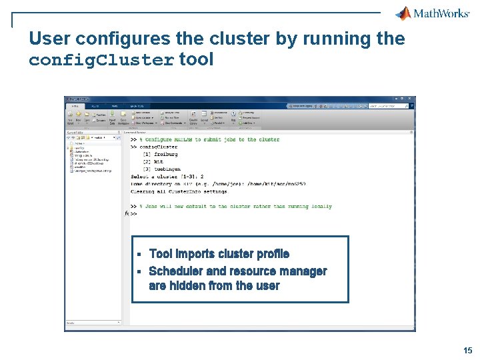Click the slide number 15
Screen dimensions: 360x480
pos(468,350)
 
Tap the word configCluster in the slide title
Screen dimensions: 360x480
pos(102,60)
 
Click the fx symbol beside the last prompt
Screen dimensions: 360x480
pos(127,214)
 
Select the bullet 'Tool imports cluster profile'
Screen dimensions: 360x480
pos(219,254)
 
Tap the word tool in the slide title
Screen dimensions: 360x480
pos(197,60)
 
